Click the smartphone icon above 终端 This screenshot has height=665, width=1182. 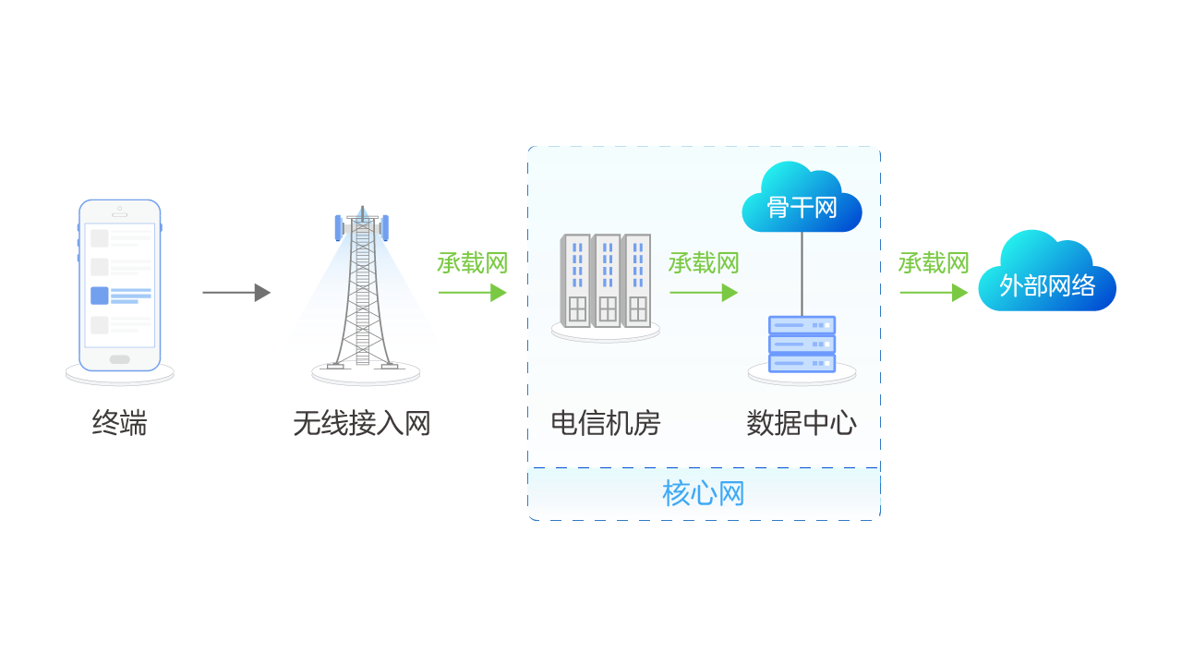pyautogui.click(x=120, y=284)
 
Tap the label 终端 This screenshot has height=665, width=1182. pyautogui.click(x=119, y=423)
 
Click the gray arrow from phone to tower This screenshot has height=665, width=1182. pyautogui.click(x=235, y=293)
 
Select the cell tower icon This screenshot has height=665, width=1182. pyautogui.click(x=363, y=291)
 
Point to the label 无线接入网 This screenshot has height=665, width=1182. pyautogui.click(x=362, y=424)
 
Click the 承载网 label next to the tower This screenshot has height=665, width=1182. pyautogui.click(x=472, y=263)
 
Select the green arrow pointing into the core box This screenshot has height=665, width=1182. pyautogui.click(x=472, y=293)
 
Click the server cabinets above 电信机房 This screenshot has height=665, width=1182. pyautogui.click(x=606, y=282)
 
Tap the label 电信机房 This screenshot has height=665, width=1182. pyautogui.click(x=606, y=423)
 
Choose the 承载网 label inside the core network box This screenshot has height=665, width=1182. pyautogui.click(x=704, y=263)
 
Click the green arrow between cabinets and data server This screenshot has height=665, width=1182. pyautogui.click(x=704, y=293)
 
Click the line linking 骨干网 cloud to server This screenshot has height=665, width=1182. pyautogui.click(x=802, y=272)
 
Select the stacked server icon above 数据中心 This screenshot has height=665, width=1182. pyautogui.click(x=802, y=344)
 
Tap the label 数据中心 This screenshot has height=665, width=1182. pyautogui.click(x=802, y=423)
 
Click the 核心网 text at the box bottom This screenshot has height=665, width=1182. pyautogui.click(x=704, y=494)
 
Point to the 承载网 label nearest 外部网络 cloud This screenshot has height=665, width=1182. pyautogui.click(x=934, y=263)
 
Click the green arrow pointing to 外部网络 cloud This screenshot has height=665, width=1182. pyautogui.click(x=934, y=293)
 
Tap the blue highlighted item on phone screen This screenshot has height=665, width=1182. pyautogui.click(x=120, y=296)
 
